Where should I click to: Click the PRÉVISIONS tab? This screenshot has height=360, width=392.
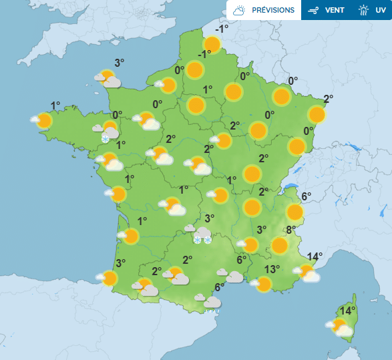click(264, 10)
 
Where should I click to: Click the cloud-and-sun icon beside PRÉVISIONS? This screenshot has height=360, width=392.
click(239, 10)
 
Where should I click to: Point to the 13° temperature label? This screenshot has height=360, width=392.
click(271, 269)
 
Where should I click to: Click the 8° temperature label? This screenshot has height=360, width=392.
click(291, 230)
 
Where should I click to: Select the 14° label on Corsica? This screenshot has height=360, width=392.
click(347, 311)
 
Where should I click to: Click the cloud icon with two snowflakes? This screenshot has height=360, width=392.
click(202, 234)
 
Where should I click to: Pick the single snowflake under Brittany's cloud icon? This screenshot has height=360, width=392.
click(105, 138)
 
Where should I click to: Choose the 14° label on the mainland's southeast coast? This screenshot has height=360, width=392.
click(315, 256)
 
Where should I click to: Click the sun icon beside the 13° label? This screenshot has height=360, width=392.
click(264, 284)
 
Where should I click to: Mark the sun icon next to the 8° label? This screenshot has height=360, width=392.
click(280, 246)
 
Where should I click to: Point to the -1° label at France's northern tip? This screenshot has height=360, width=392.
click(222, 29)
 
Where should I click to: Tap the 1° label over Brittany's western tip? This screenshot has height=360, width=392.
click(55, 105)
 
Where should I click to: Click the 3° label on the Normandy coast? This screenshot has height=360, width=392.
click(120, 63)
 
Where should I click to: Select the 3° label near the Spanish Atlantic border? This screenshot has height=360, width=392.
click(120, 263)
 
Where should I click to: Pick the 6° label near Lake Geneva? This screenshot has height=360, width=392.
click(306, 196)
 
